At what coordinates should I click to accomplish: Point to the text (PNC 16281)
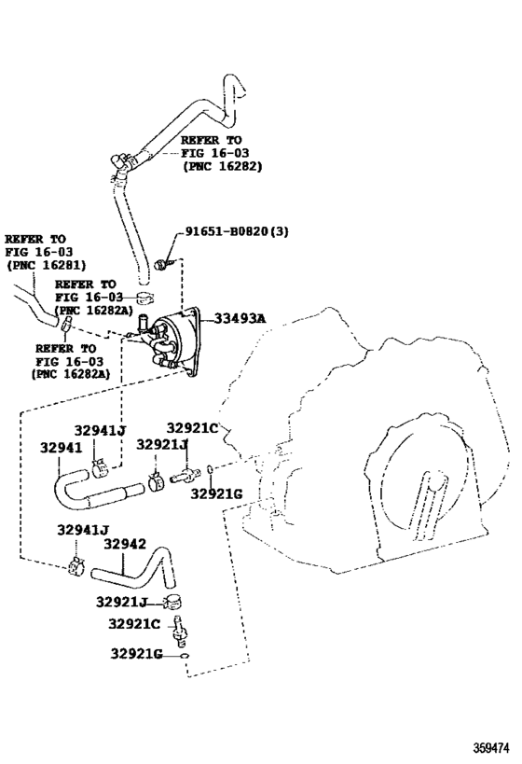click(46, 265)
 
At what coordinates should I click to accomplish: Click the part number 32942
click(125, 544)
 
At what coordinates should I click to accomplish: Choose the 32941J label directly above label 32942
click(83, 531)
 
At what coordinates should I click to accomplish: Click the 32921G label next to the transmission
click(216, 493)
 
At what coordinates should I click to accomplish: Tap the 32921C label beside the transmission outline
click(193, 428)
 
